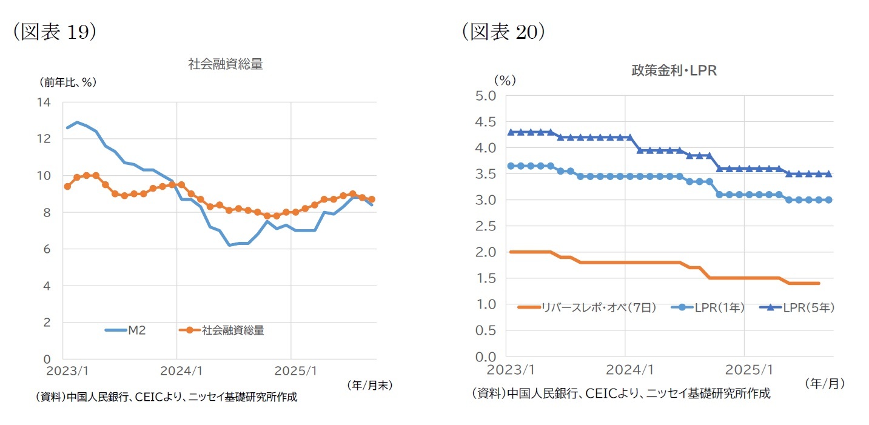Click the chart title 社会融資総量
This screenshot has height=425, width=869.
pyautogui.click(x=226, y=64)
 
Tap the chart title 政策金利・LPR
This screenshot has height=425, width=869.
pyautogui.click(x=674, y=71)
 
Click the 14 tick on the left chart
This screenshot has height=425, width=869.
pyautogui.click(x=44, y=102)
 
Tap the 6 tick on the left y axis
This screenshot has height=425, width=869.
pyautogui.click(x=47, y=249)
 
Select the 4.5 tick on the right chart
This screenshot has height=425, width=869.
pyautogui.click(x=488, y=121)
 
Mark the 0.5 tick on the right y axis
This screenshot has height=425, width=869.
pyautogui.click(x=488, y=331)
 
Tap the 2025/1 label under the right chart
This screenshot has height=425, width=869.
pyautogui.click(x=745, y=369)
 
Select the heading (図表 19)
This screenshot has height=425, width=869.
pyautogui.click(x=54, y=32)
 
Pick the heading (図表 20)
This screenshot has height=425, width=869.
pyautogui.click(x=503, y=32)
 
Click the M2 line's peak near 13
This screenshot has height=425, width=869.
pyautogui.click(x=77, y=122)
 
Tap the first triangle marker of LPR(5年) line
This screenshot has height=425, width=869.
pyautogui.click(x=511, y=132)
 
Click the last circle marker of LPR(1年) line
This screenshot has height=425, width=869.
pyautogui.click(x=828, y=199)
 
